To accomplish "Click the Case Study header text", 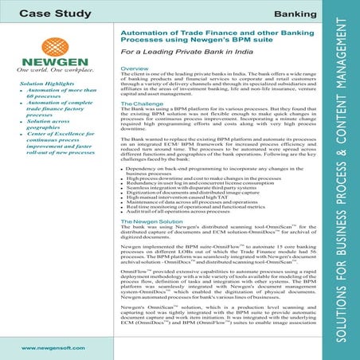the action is tap(54, 14).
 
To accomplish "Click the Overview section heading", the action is tap(135, 70).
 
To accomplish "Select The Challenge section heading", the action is tap(143, 104).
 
